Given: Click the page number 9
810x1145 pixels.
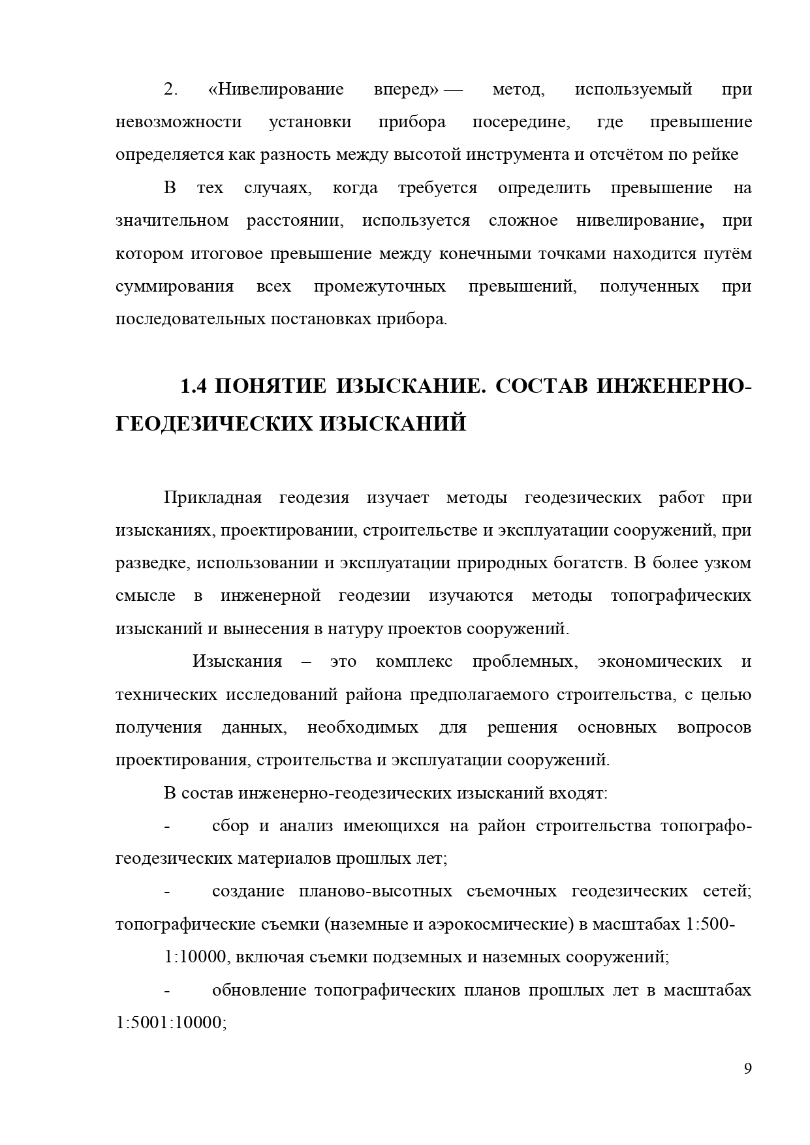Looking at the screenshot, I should click(747, 1069).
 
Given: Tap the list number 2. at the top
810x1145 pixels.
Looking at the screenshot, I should click(171, 89).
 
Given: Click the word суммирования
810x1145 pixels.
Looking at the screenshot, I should click(174, 286).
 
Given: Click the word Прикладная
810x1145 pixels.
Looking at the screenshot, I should click(212, 498).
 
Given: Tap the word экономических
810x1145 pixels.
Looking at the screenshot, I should click(659, 662).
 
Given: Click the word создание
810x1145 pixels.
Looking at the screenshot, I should click(248, 892).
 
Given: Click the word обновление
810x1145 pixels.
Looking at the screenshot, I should click(258, 990).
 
